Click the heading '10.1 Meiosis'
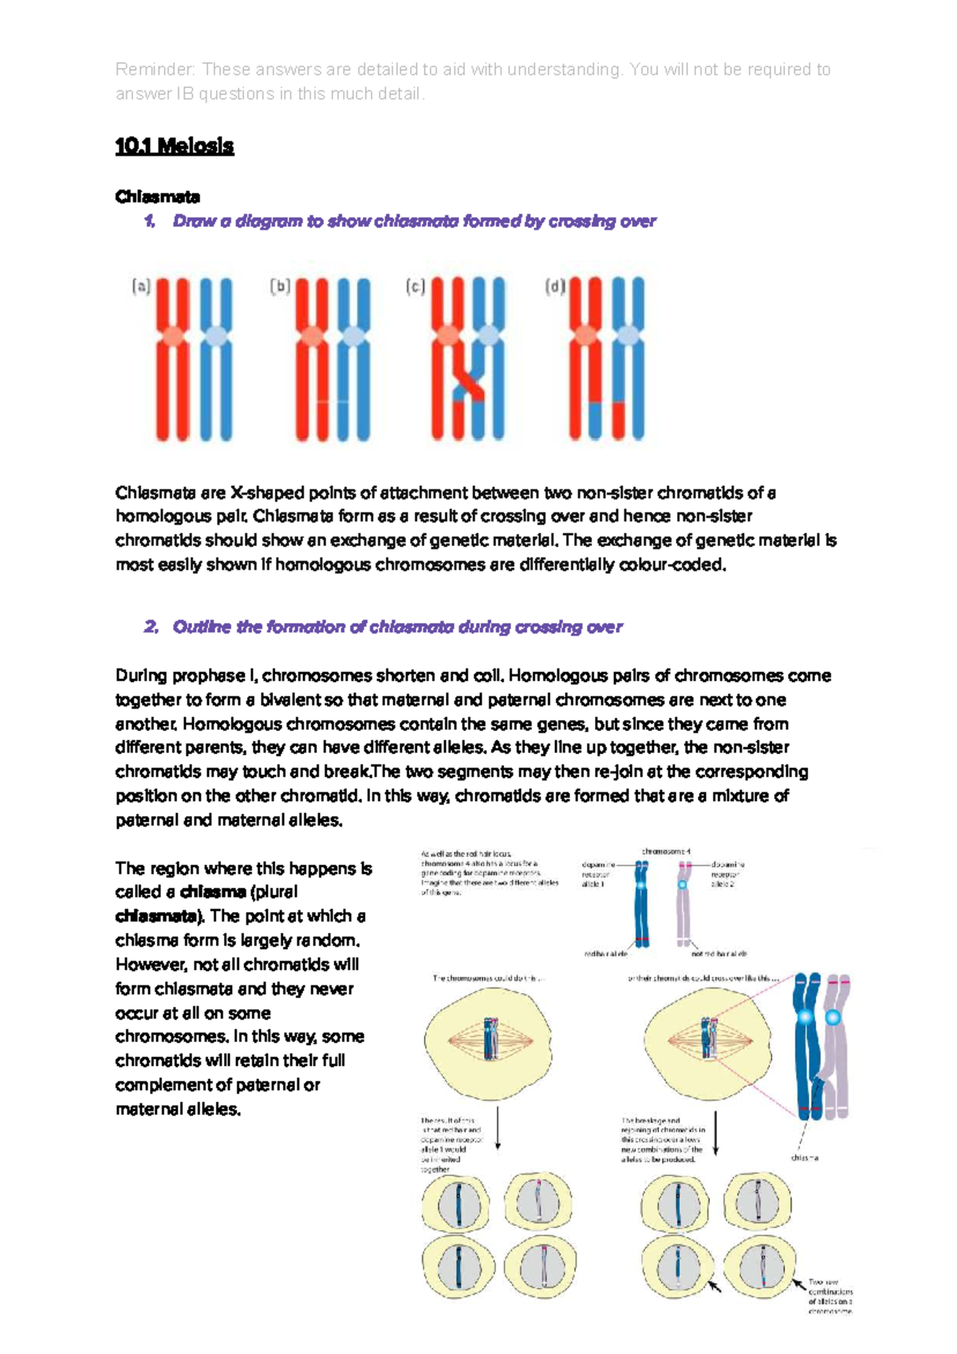pos(174,146)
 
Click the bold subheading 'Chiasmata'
pos(157,196)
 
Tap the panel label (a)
pos(141,286)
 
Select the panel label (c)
pos(415,286)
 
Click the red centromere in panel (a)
pos(172,337)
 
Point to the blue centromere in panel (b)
pos(352,337)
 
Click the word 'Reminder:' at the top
pos(155,69)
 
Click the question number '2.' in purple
pos(152,627)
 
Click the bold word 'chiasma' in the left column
pos(213,892)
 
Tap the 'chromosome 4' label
pos(666,851)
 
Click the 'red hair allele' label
pos(606,953)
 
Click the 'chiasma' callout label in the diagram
pos(805,1157)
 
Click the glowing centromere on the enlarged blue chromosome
pos(805,1016)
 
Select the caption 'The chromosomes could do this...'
pos(490,977)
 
